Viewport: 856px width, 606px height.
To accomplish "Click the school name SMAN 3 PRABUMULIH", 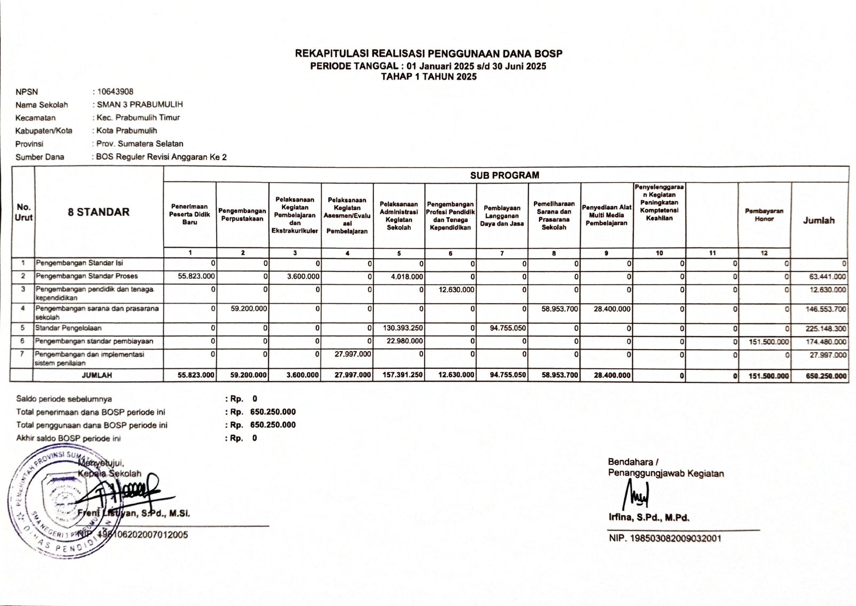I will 140,104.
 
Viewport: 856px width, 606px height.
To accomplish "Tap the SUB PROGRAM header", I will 505,175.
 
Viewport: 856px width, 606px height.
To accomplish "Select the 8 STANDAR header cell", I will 98,212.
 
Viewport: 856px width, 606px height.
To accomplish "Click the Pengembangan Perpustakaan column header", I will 242,215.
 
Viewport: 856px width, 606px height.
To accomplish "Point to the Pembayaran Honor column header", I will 764,215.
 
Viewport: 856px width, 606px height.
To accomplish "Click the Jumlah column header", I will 819,221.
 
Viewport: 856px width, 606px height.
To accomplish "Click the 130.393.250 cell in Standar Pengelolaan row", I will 403,328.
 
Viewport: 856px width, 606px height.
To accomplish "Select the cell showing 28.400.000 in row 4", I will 612,309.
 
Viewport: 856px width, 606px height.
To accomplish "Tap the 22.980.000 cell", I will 404,341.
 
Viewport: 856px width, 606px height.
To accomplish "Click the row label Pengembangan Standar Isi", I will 79,263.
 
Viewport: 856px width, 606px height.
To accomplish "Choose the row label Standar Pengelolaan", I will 68,328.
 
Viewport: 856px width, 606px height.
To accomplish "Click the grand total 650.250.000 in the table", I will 826,376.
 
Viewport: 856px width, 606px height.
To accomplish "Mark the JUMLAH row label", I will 97,375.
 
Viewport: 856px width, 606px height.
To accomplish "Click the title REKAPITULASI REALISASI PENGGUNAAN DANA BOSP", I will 429,54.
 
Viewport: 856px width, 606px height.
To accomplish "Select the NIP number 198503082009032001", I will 665,538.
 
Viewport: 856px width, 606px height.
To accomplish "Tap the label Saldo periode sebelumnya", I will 64,399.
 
